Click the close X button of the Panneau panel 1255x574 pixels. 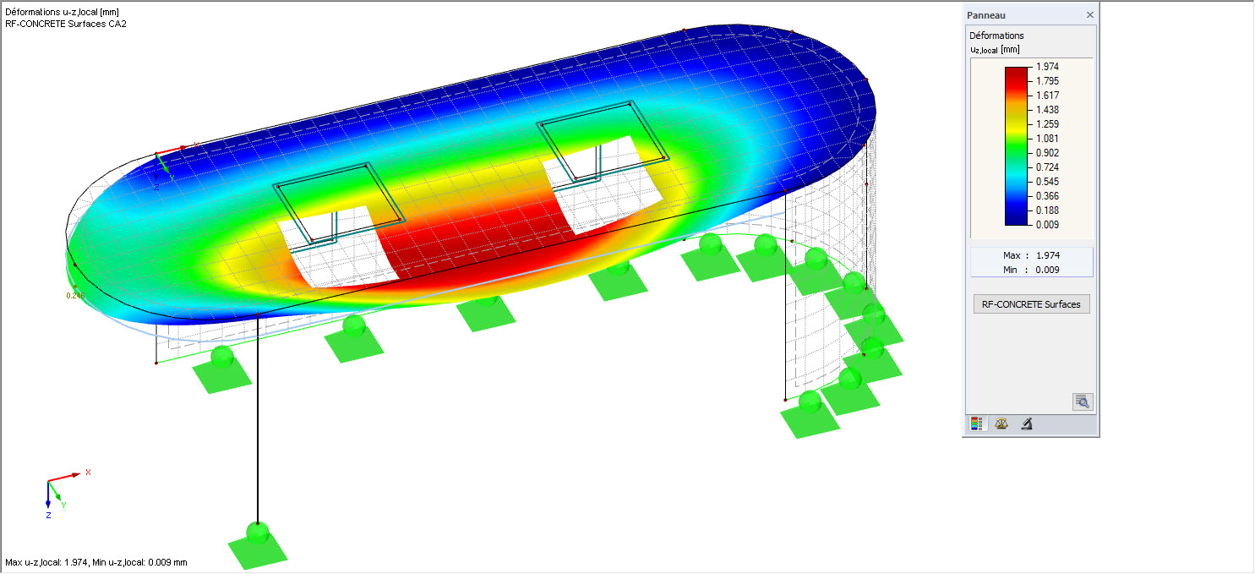click(x=1089, y=15)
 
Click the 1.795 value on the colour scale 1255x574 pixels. click(x=1047, y=80)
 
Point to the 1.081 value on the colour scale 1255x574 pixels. click(x=1047, y=139)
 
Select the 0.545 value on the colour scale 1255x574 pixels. click(x=1047, y=182)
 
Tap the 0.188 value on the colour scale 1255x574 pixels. click(x=1047, y=210)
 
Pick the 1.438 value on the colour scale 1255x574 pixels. click(x=1047, y=110)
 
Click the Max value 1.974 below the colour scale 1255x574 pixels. click(x=1048, y=255)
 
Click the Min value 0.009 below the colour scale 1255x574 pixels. click(x=1048, y=271)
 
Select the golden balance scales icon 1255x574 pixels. click(x=1001, y=424)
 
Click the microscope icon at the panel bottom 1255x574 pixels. click(x=1027, y=424)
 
